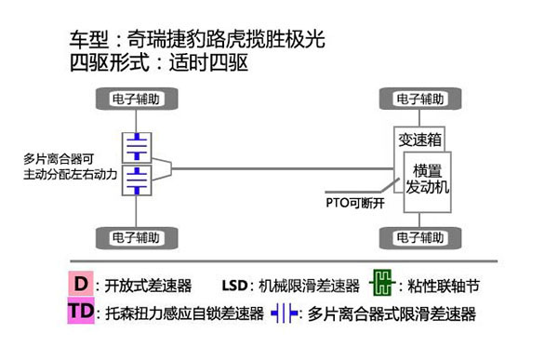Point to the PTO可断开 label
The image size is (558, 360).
click(354, 202)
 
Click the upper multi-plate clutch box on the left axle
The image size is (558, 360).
click(137, 146)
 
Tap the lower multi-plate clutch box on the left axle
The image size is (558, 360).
click(137, 180)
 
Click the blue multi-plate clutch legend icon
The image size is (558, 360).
click(284, 313)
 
